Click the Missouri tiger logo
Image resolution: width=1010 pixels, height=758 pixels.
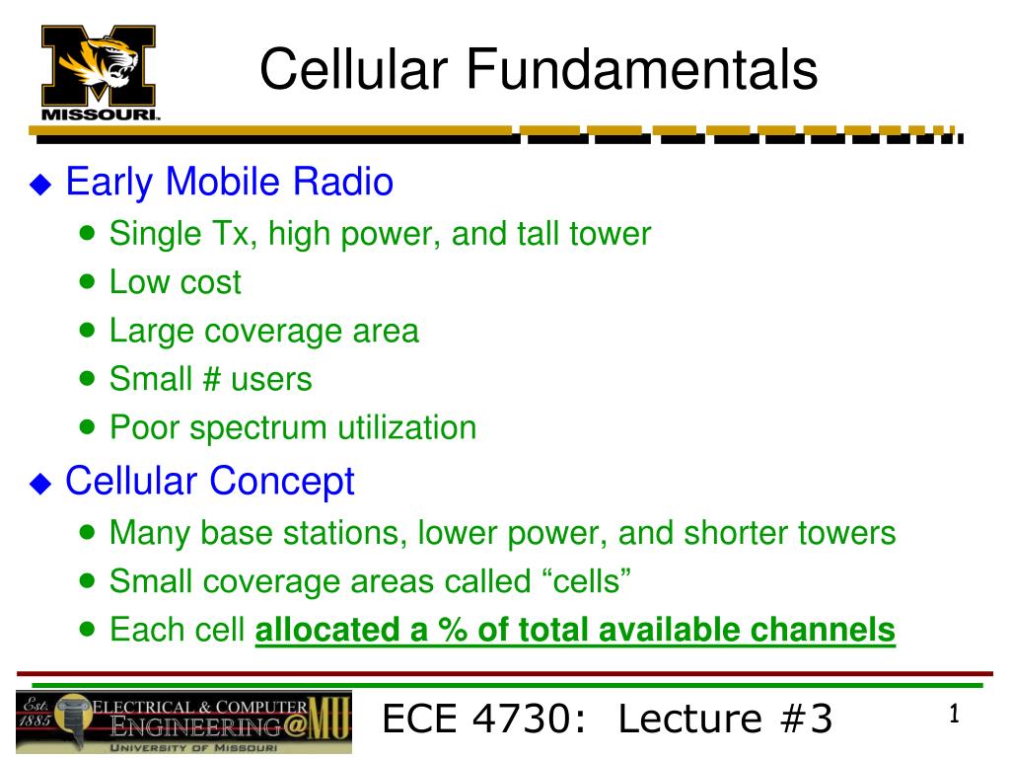pyautogui.click(x=99, y=73)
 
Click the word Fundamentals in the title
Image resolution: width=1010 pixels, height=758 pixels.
pyautogui.click(x=641, y=69)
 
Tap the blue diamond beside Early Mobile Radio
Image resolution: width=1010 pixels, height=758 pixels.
pyautogui.click(x=40, y=185)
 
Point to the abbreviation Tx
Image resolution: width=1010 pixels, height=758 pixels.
pyautogui.click(x=230, y=233)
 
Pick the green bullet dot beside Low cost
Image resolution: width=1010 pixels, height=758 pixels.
pyautogui.click(x=87, y=281)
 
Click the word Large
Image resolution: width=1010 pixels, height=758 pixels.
pyautogui.click(x=151, y=332)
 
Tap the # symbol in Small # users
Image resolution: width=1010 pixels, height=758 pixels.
pyautogui.click(x=212, y=378)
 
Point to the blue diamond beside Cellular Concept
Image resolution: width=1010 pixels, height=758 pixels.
pyautogui.click(x=40, y=484)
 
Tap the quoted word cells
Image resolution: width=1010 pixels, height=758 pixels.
pyautogui.click(x=586, y=580)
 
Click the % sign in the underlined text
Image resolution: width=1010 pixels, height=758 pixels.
pyautogui.click(x=452, y=629)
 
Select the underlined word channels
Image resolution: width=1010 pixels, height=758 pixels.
pyautogui.click(x=823, y=630)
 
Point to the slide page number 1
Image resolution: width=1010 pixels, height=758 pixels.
pyautogui.click(x=954, y=714)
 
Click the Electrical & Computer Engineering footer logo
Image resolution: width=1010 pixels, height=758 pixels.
pyautogui.click(x=184, y=722)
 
